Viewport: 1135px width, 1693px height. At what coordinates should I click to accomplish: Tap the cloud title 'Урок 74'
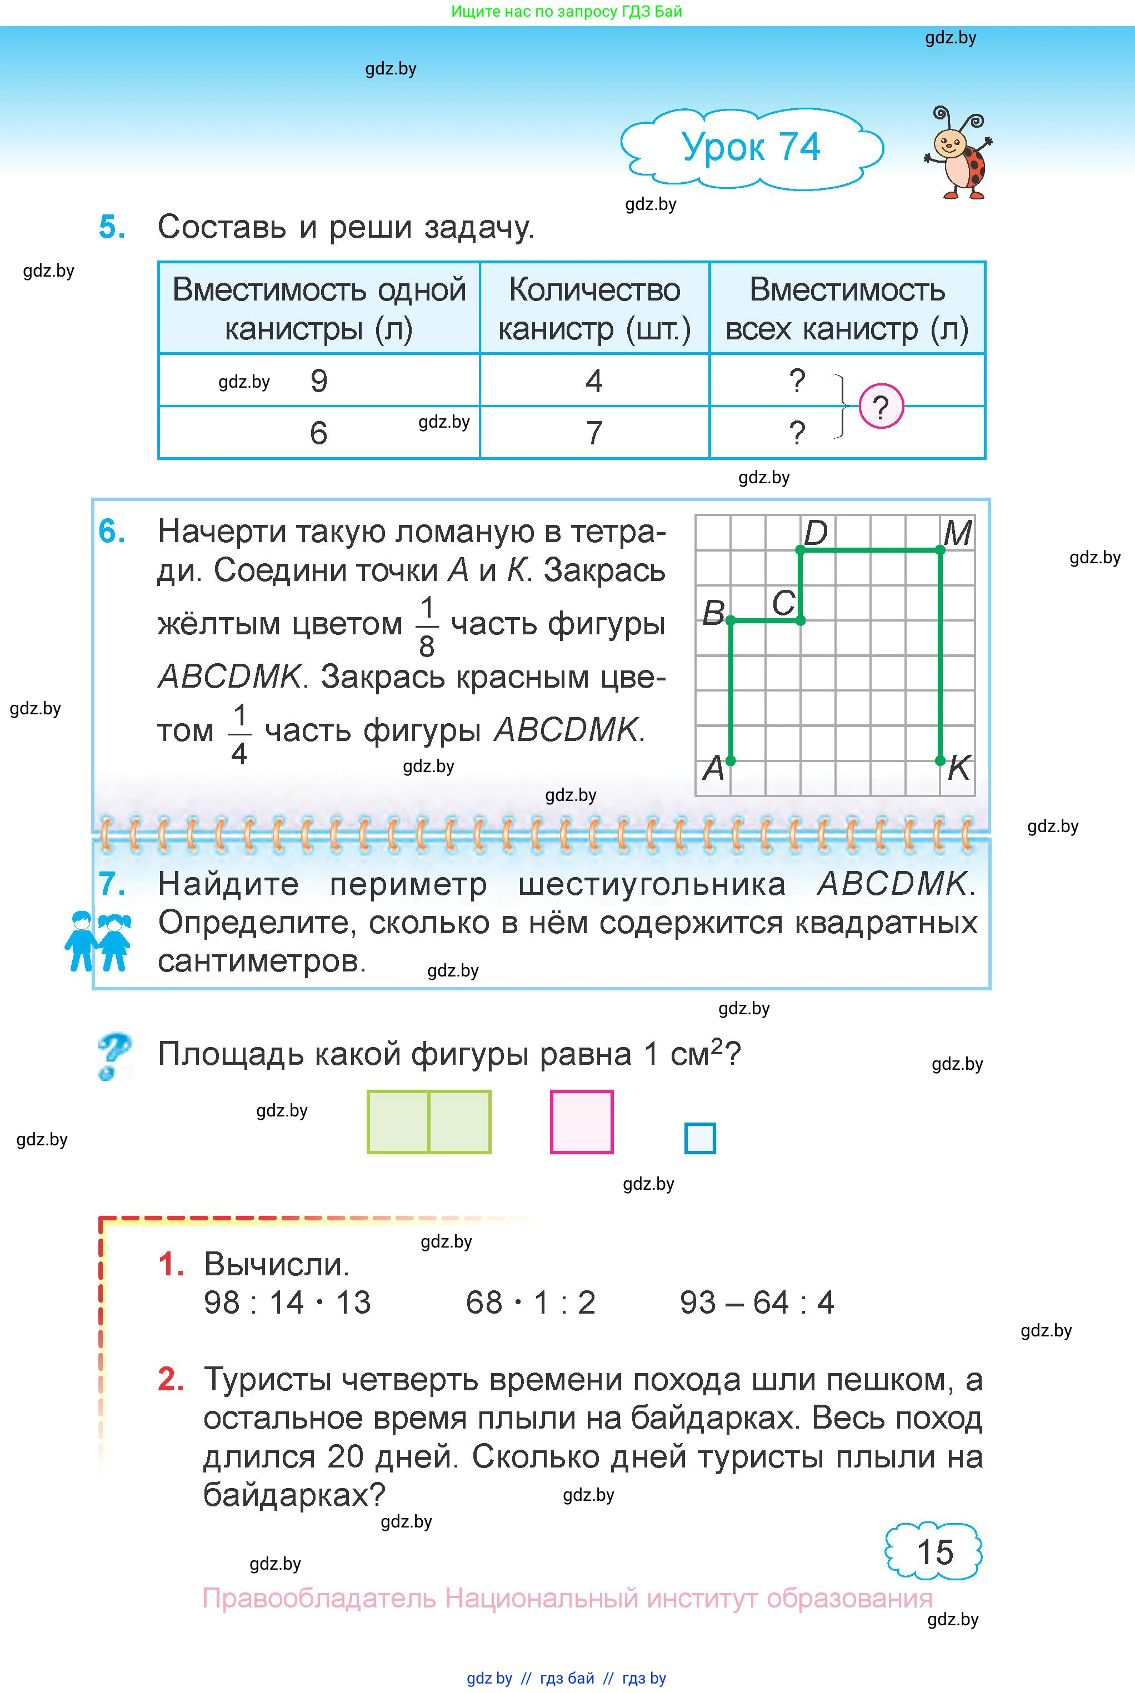click(x=751, y=148)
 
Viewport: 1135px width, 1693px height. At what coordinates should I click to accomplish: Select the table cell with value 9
click(x=318, y=380)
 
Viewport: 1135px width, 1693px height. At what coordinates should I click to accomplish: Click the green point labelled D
click(x=800, y=550)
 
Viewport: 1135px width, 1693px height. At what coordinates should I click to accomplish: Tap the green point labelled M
click(x=939, y=550)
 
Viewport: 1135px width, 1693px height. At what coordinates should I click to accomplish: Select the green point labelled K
click(x=939, y=760)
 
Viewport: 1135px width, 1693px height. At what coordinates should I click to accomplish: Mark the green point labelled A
click(x=731, y=760)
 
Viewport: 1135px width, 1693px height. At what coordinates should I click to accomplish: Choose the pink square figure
click(x=581, y=1121)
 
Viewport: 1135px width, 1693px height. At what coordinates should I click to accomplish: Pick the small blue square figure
click(x=700, y=1138)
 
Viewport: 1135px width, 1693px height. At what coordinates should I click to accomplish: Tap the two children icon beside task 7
click(x=98, y=940)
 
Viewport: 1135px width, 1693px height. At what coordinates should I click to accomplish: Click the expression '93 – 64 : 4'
click(x=757, y=1303)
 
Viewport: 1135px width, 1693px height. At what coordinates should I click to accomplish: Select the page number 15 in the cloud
click(x=934, y=1552)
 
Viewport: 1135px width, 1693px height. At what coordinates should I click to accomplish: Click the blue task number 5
click(x=112, y=227)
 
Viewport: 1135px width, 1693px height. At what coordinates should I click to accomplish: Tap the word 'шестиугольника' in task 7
click(x=652, y=884)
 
